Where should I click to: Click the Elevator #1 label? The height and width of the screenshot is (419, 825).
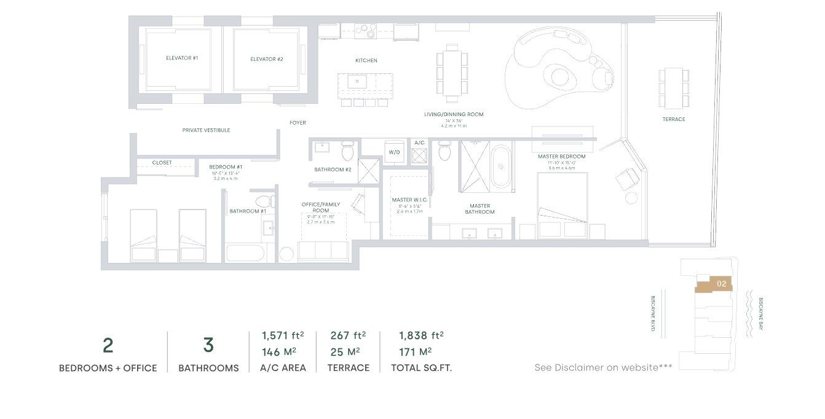pos(181,58)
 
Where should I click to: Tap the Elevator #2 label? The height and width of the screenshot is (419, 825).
pos(266,59)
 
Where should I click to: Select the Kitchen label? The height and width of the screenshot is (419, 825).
pos(366,61)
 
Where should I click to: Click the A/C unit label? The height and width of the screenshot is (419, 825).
pos(419,143)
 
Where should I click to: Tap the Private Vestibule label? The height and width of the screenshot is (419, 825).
pos(206,130)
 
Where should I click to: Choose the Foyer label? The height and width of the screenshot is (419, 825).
pos(298,123)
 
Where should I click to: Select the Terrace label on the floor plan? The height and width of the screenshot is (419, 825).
pos(673,119)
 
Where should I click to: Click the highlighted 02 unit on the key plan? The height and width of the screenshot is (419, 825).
pos(721,284)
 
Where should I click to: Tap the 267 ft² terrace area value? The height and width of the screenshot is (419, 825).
pos(348,335)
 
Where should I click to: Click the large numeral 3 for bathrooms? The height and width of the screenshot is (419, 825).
pos(208,345)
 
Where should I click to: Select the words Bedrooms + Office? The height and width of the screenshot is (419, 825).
pos(108,368)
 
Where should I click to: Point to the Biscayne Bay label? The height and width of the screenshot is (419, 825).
pos(760,313)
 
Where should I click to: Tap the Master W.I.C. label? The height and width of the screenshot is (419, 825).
pos(406,200)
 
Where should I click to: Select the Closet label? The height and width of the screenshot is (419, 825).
pos(162,163)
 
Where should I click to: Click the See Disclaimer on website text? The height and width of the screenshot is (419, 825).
pos(603,367)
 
